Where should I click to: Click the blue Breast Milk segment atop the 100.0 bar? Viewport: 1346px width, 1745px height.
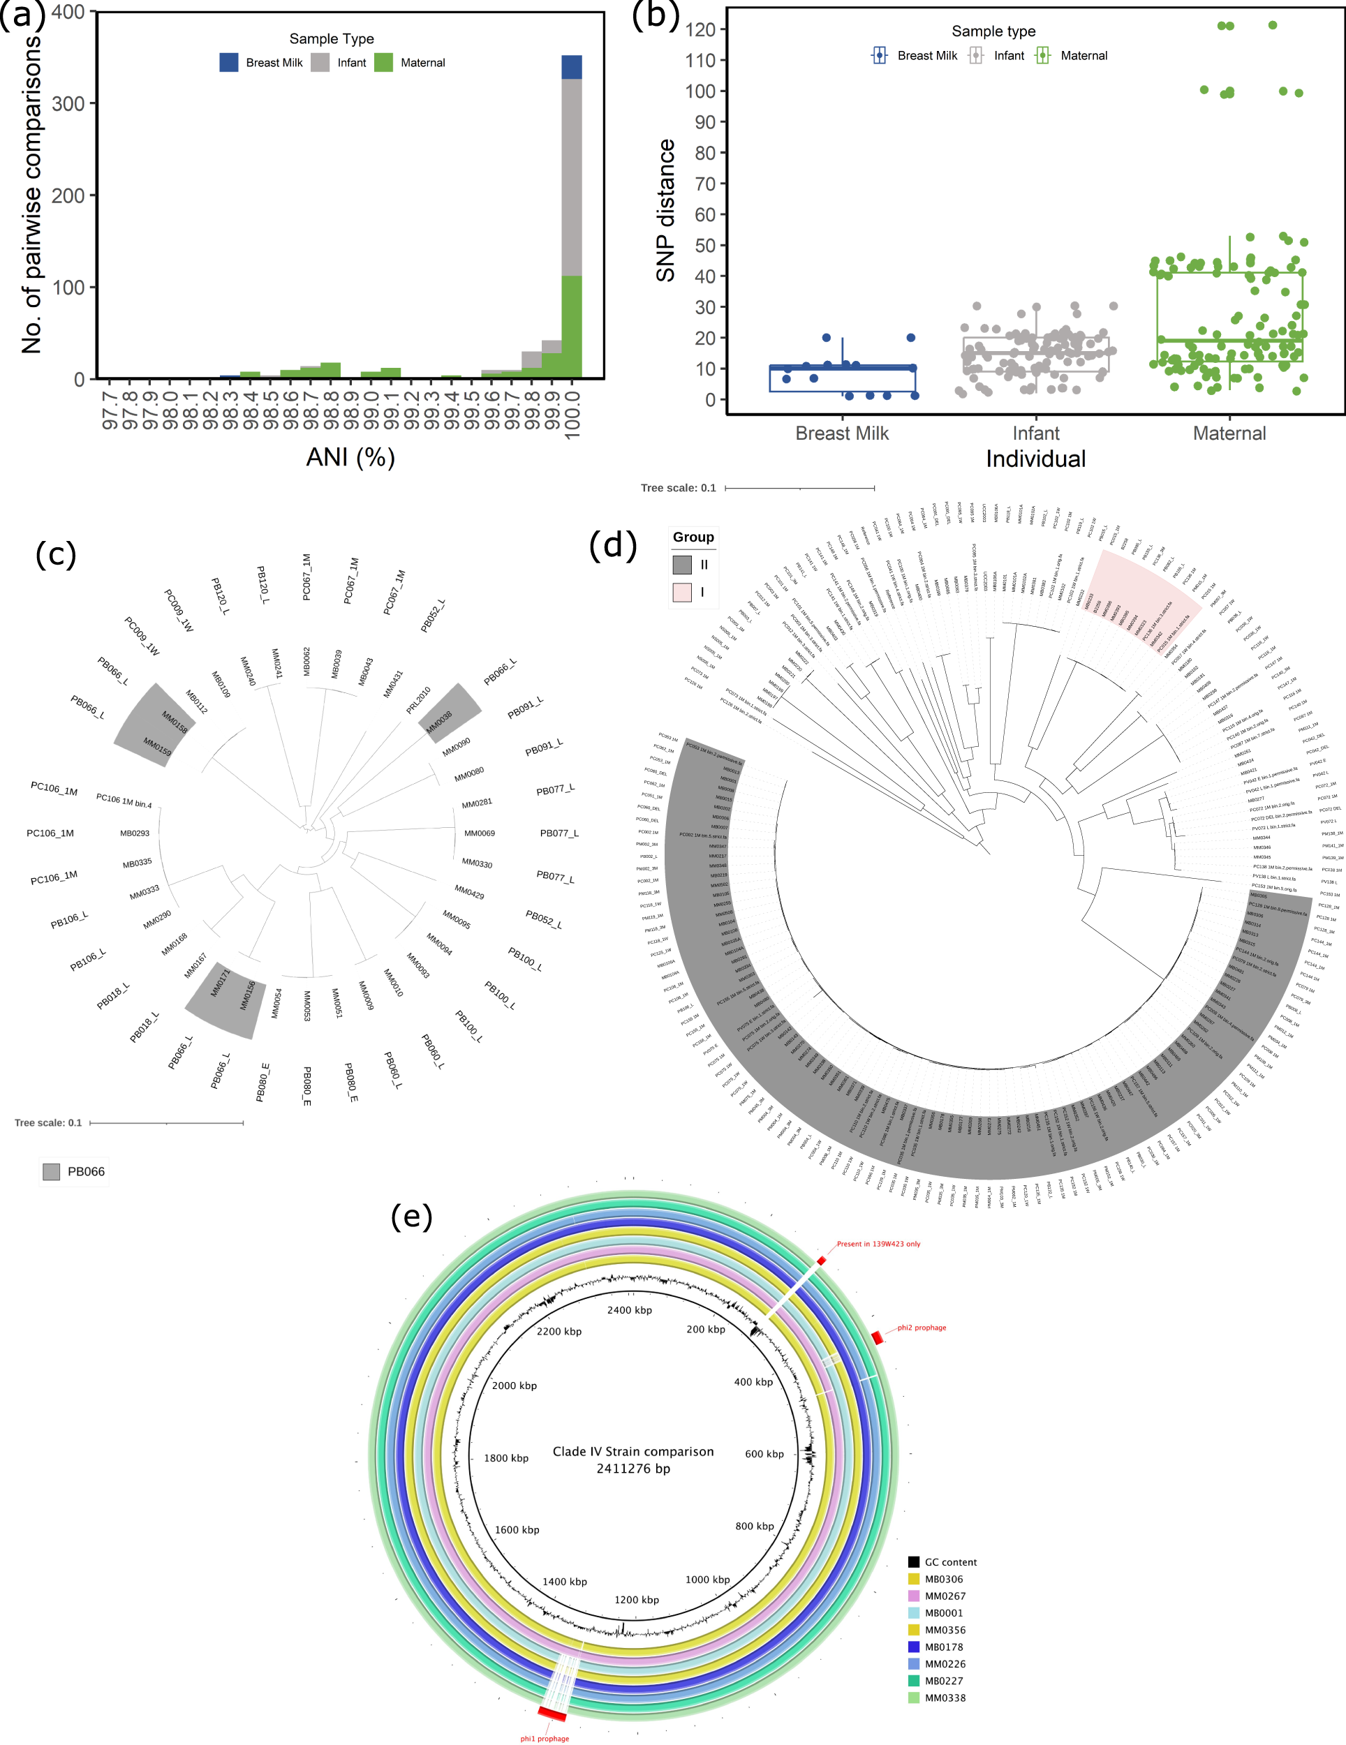point(572,67)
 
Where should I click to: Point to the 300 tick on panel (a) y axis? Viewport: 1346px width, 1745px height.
point(68,104)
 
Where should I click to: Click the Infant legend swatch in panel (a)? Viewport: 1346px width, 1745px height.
point(320,62)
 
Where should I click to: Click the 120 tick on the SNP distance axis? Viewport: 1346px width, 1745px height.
point(700,29)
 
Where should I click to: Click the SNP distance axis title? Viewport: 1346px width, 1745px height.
point(665,210)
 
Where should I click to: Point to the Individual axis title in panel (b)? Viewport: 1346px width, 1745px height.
point(1035,459)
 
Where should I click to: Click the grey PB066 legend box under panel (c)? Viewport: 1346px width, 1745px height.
point(51,1171)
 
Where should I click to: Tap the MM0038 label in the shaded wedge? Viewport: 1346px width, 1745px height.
point(439,722)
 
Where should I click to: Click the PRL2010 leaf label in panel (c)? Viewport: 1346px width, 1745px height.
point(418,700)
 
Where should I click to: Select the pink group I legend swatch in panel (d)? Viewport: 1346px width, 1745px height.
point(682,592)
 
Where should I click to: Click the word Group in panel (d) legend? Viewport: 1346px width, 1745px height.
point(693,537)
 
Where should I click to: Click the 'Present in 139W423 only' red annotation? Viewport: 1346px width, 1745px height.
point(878,1244)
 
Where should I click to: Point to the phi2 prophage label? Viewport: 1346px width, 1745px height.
point(921,1328)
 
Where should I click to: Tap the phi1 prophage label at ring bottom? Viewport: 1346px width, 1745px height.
point(545,1739)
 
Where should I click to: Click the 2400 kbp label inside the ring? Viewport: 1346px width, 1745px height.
point(629,1310)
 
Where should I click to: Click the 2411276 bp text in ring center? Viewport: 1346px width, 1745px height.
point(633,1469)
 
